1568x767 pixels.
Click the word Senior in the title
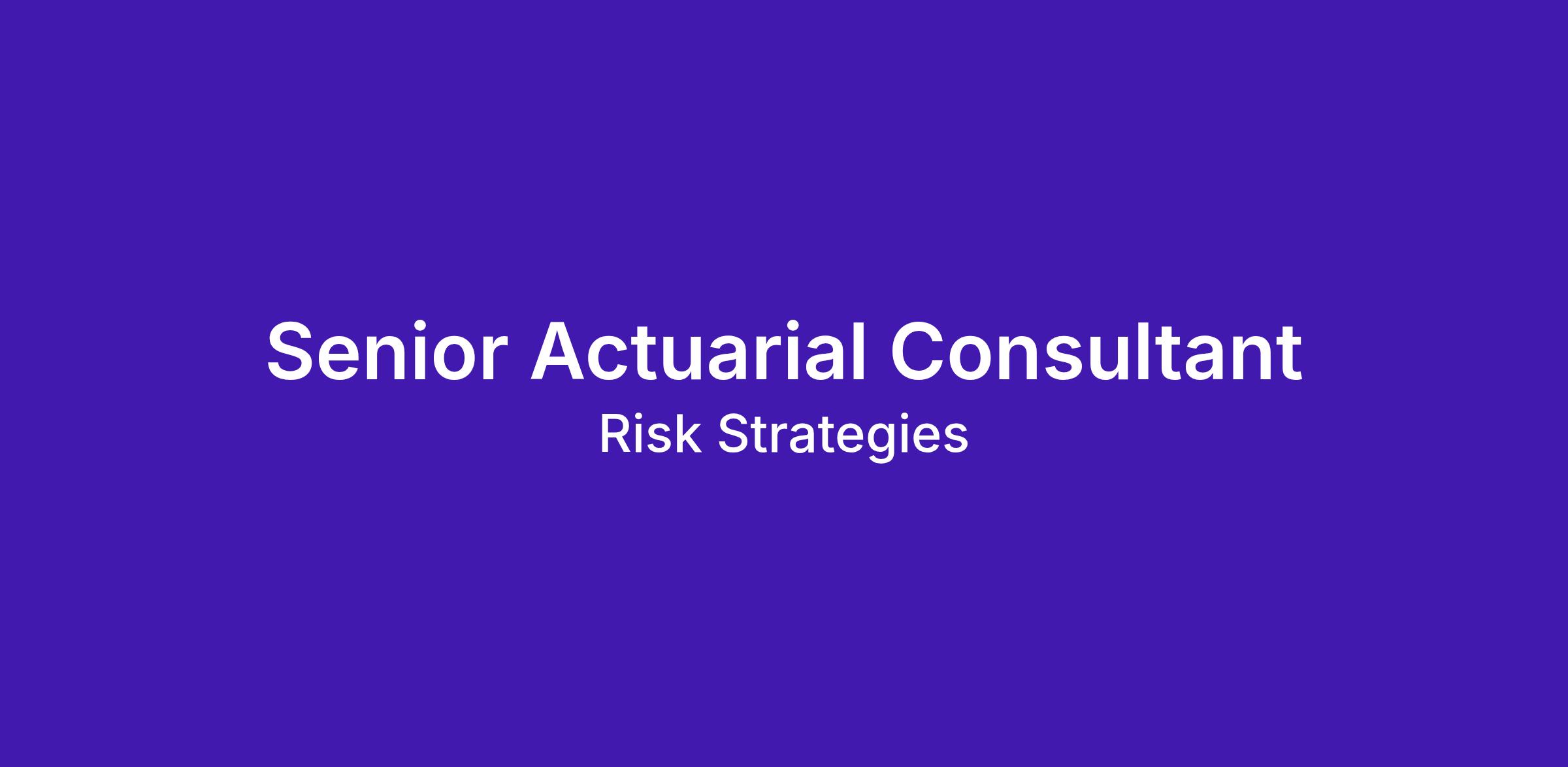(387, 350)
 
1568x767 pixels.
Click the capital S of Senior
(291, 350)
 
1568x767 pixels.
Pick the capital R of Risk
(615, 434)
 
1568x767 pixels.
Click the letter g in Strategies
(890, 444)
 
